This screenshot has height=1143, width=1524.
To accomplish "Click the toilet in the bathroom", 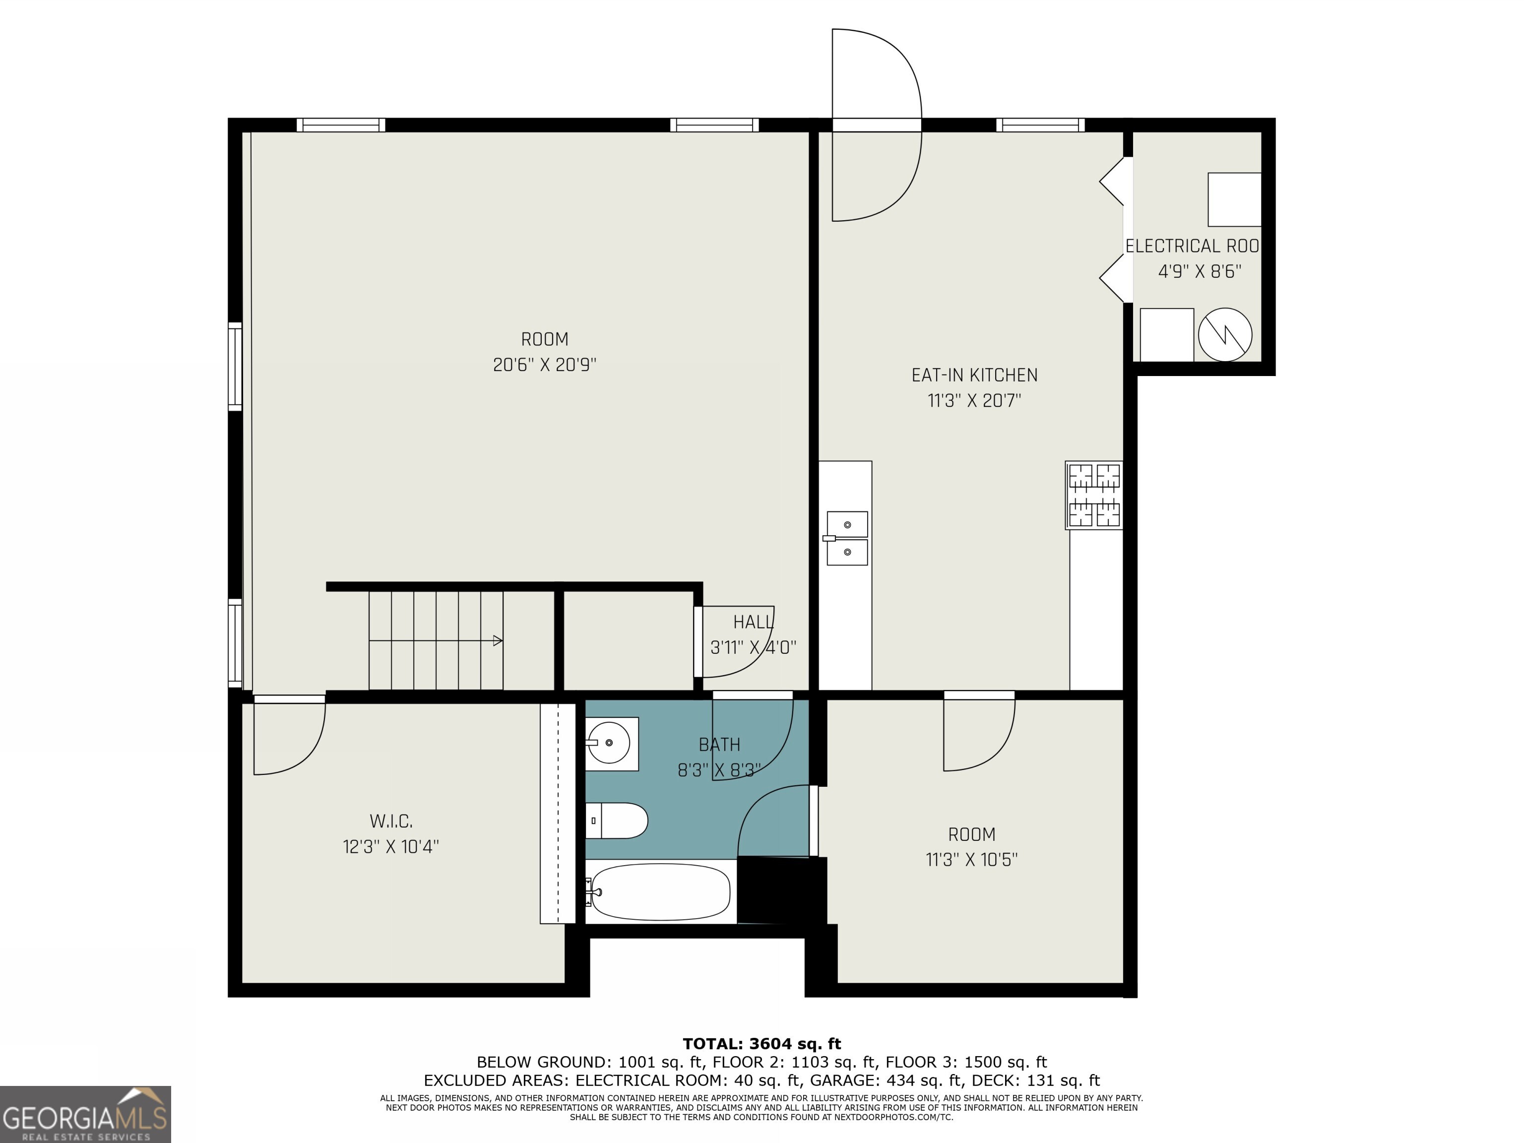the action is pos(617,821).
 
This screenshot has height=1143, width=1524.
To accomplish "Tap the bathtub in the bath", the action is pos(660,892).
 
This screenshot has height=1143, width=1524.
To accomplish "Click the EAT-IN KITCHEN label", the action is pos(974,376).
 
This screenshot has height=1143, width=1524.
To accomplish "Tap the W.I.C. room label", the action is pos(390,821).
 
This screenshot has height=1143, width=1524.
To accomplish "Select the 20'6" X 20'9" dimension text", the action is pos(544,365).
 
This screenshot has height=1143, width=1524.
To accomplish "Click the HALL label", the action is pos(753,622).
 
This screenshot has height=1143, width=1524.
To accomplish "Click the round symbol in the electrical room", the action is pos(1225,334).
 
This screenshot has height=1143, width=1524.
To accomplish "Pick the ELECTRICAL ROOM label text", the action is pos(1193,246).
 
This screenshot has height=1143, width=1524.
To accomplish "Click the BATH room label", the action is pos(719,745).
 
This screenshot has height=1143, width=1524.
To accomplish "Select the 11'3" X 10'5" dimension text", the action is pos(971,860).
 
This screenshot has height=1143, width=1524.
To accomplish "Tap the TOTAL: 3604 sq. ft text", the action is pos(762,1044).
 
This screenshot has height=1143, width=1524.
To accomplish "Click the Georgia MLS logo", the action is pos(85,1114).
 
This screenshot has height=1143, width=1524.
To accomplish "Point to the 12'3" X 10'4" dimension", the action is pos(390,847).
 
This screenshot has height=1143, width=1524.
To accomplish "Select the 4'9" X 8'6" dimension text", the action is pos(1200,271).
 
